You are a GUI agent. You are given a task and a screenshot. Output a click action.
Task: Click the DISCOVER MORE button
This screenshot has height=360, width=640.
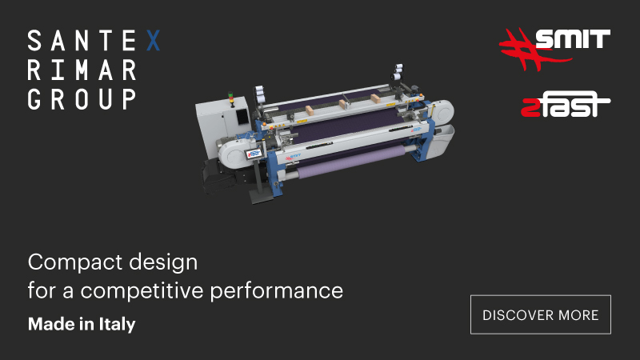tap(541, 314)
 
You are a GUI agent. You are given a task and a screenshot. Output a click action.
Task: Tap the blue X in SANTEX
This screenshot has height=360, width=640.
tap(153, 41)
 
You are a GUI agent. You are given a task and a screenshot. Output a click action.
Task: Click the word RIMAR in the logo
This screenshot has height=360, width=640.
tap(82, 70)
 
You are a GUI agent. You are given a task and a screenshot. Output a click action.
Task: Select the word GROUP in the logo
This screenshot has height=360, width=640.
tap(82, 99)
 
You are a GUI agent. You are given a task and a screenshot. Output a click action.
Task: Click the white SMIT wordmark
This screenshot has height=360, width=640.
tap(573, 38)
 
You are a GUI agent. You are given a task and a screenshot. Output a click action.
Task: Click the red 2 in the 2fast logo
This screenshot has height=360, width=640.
tap(530, 108)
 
